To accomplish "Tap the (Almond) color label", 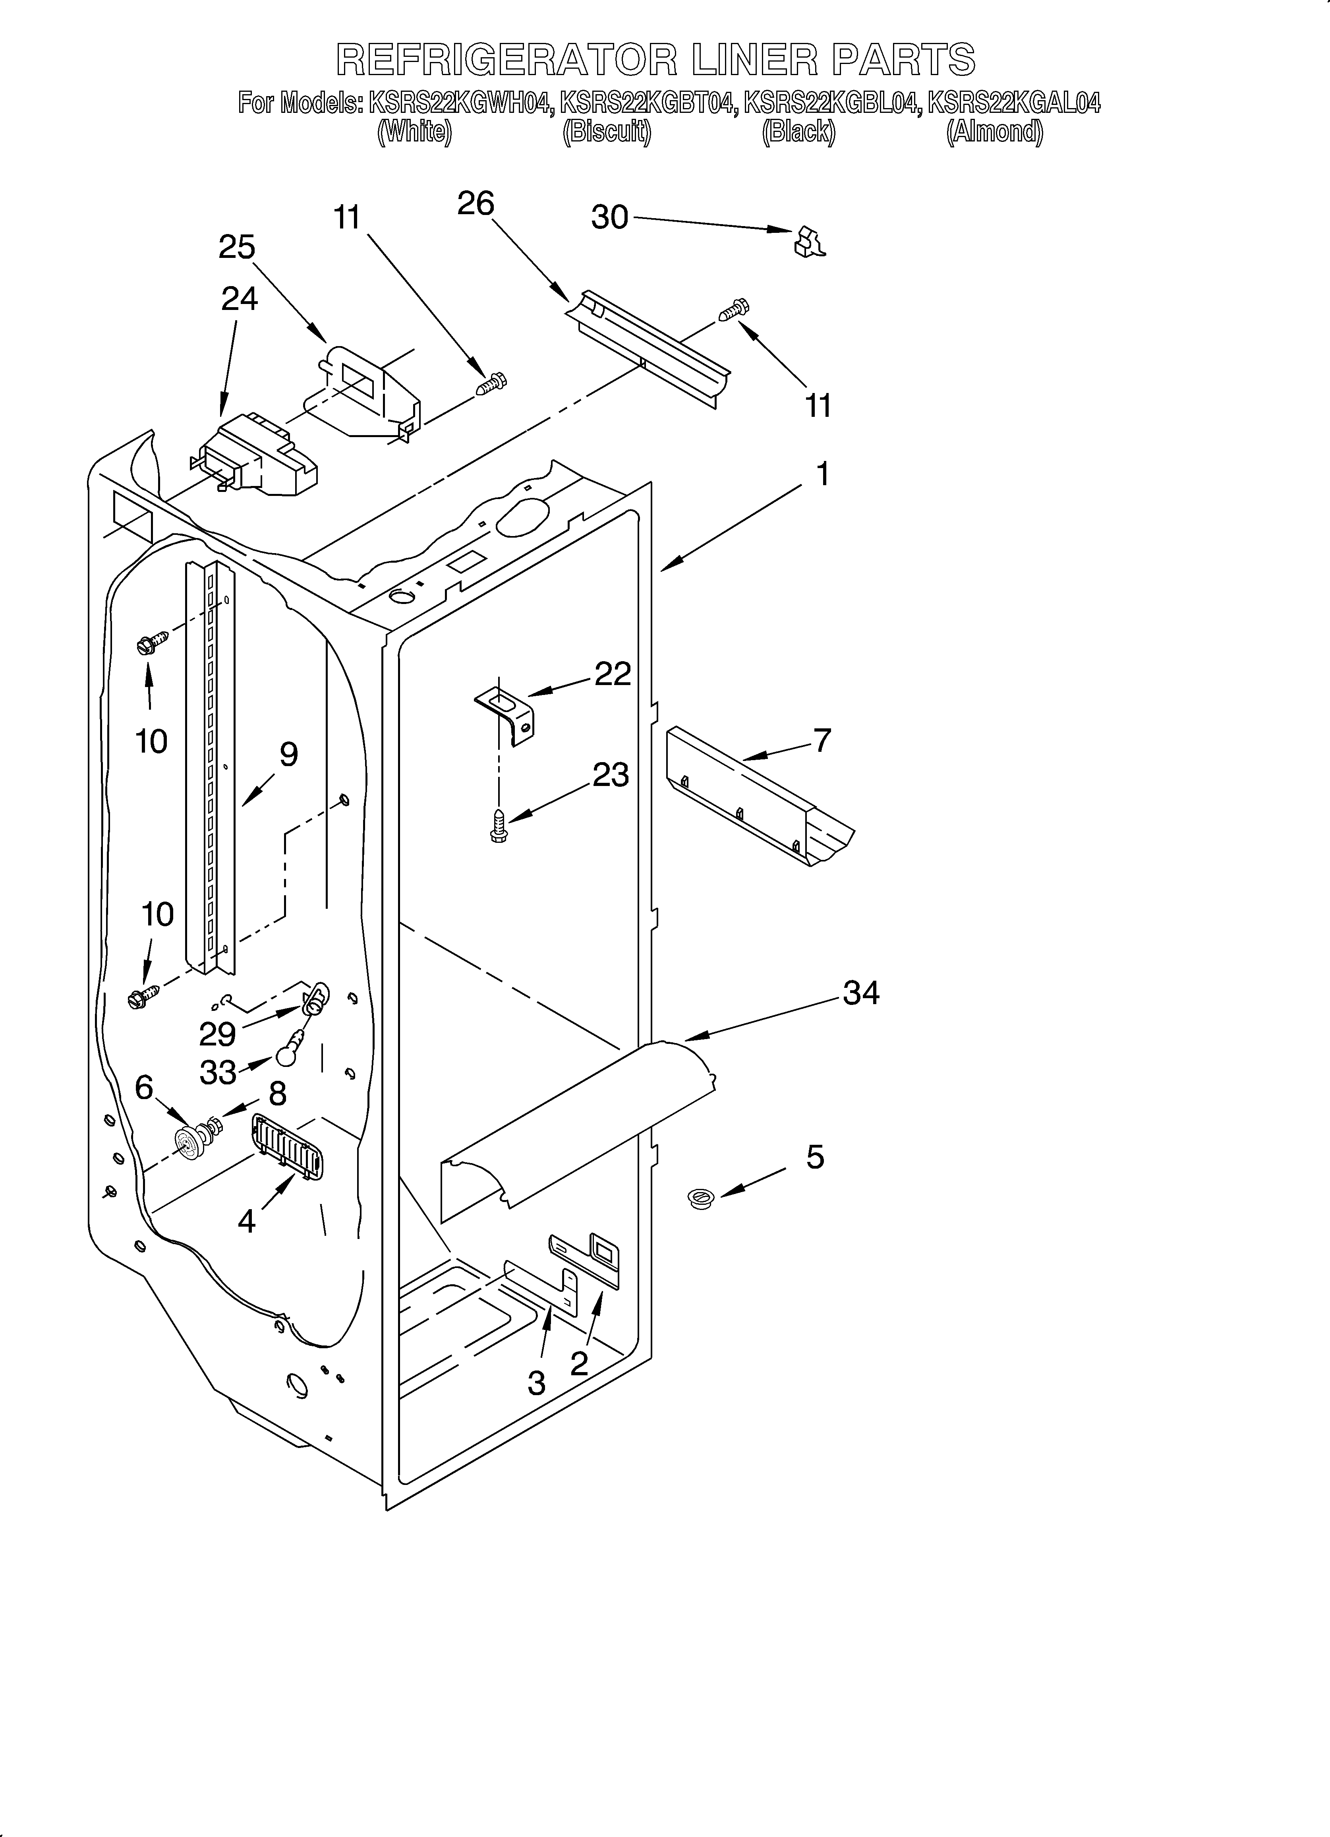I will pos(995,132).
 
